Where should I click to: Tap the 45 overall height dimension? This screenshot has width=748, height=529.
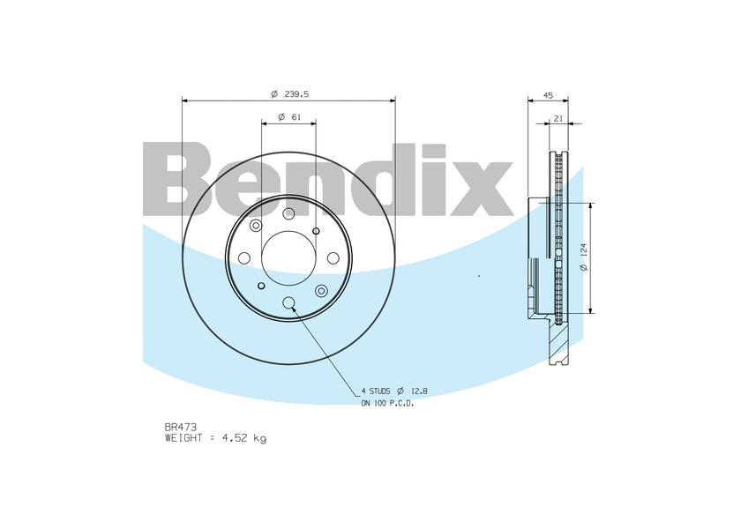tap(548, 96)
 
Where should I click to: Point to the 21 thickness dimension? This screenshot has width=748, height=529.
tap(558, 119)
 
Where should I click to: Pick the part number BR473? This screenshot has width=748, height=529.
tap(180, 428)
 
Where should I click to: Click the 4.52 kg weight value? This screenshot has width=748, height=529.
tap(244, 438)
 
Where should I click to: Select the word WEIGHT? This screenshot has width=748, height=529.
tap(183, 438)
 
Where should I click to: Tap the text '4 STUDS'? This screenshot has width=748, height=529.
tap(376, 391)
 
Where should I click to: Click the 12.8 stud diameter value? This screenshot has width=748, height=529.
tap(419, 391)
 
